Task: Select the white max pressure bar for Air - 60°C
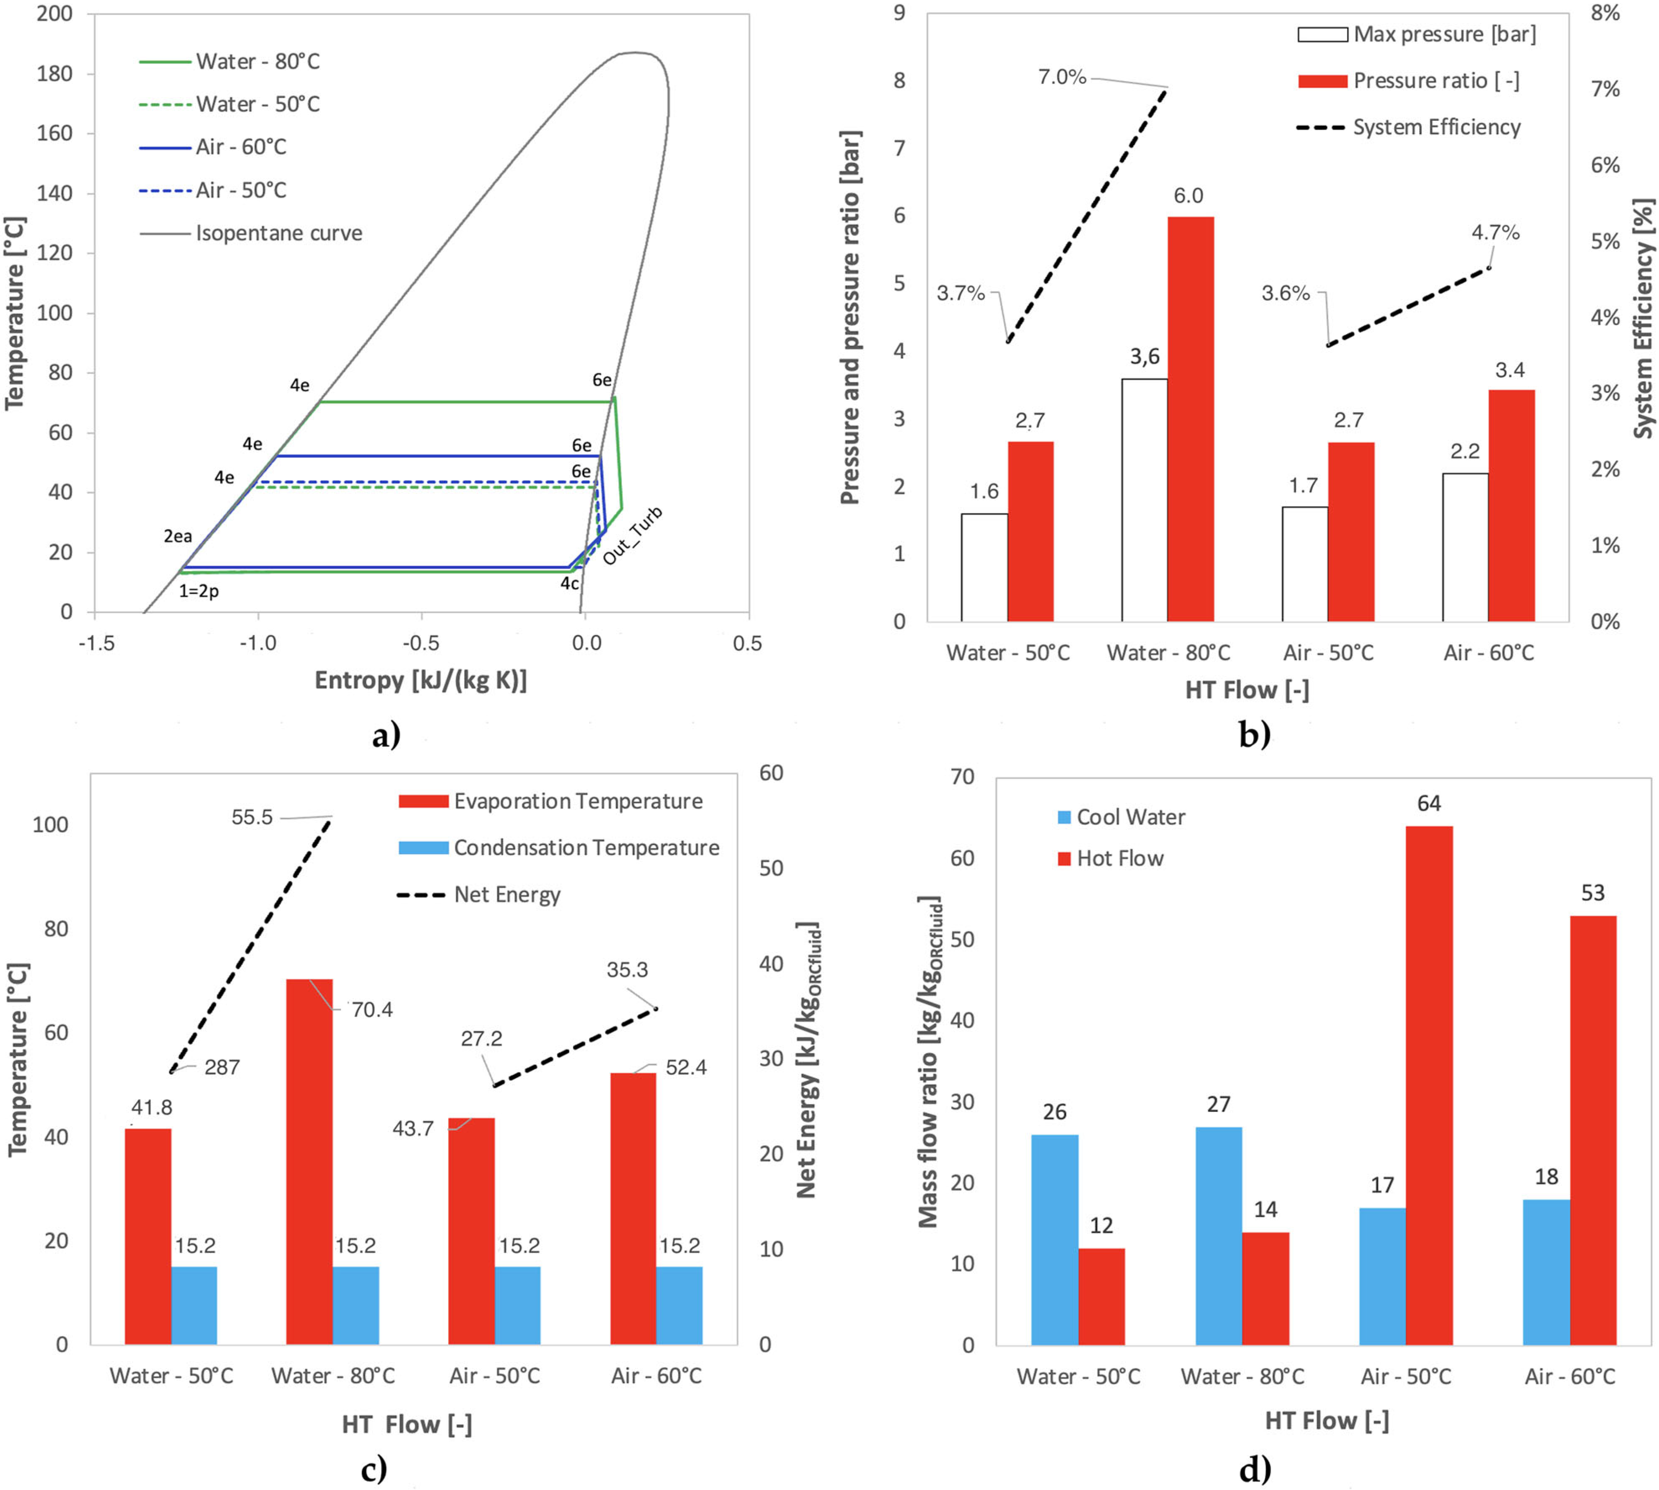(x=1465, y=547)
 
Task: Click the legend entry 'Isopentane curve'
(x=278, y=233)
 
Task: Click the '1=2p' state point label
(x=199, y=590)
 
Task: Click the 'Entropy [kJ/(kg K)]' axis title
(x=421, y=680)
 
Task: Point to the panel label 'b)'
(x=1254, y=734)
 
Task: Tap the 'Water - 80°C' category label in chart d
(x=1242, y=1376)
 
